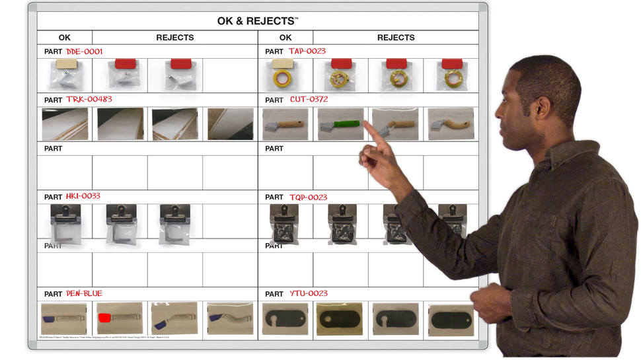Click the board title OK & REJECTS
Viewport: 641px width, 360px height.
257,20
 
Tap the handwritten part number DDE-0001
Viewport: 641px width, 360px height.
84,51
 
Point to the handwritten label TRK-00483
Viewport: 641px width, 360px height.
89,100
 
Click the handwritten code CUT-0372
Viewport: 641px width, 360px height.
309,100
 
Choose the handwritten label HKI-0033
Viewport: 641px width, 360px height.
83,196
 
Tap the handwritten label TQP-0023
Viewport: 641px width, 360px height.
308,197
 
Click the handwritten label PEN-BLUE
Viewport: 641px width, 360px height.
84,293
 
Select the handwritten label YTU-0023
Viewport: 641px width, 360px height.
308,293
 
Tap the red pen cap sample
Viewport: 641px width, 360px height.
104,318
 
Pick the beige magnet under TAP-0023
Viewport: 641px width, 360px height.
283,64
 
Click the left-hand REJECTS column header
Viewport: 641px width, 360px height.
175,38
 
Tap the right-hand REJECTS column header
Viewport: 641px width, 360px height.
396,38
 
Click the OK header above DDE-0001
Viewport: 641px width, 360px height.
64,38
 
